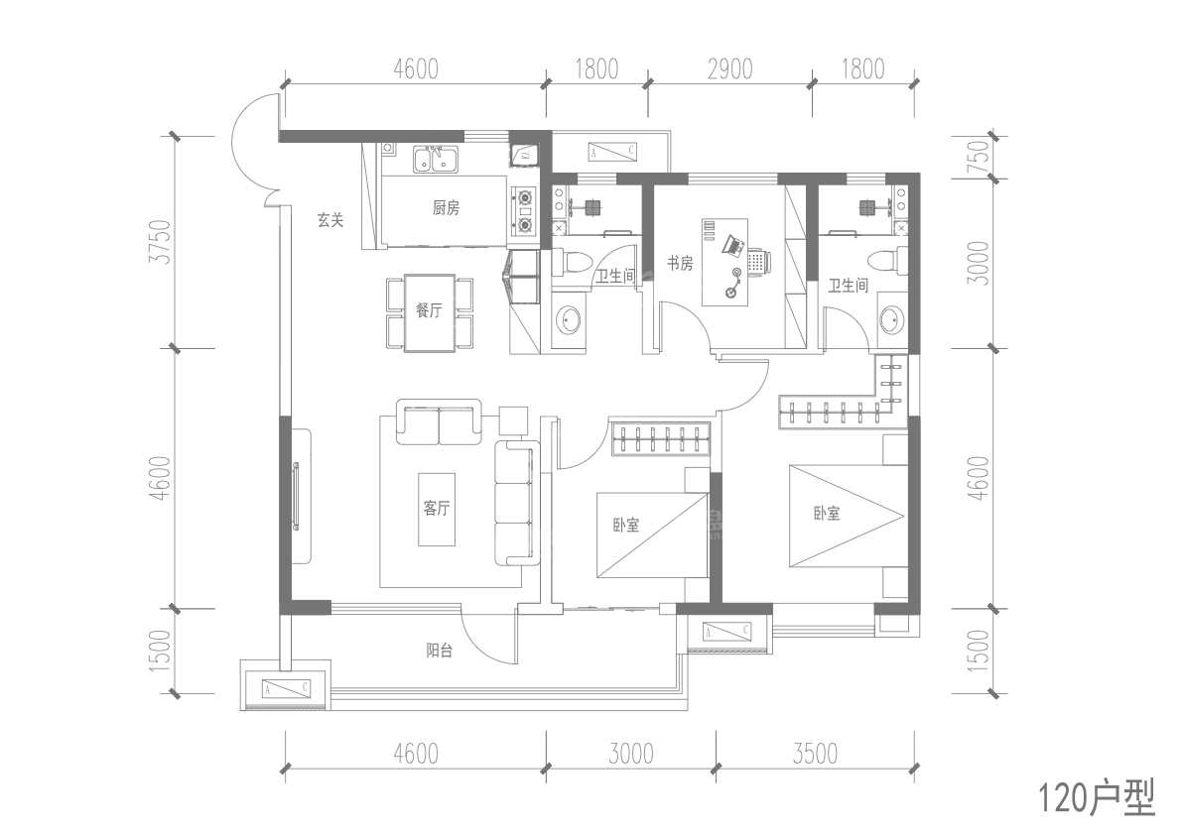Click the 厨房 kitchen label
446,208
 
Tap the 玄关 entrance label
330,221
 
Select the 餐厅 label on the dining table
429,310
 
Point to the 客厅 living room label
437,509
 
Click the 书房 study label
679,264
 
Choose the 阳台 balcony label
441,652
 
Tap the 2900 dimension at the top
729,68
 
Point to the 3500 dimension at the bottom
814,754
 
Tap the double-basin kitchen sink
434,159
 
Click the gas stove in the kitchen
523,212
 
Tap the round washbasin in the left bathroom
569,320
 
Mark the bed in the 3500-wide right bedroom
847,517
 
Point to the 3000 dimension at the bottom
630,754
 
